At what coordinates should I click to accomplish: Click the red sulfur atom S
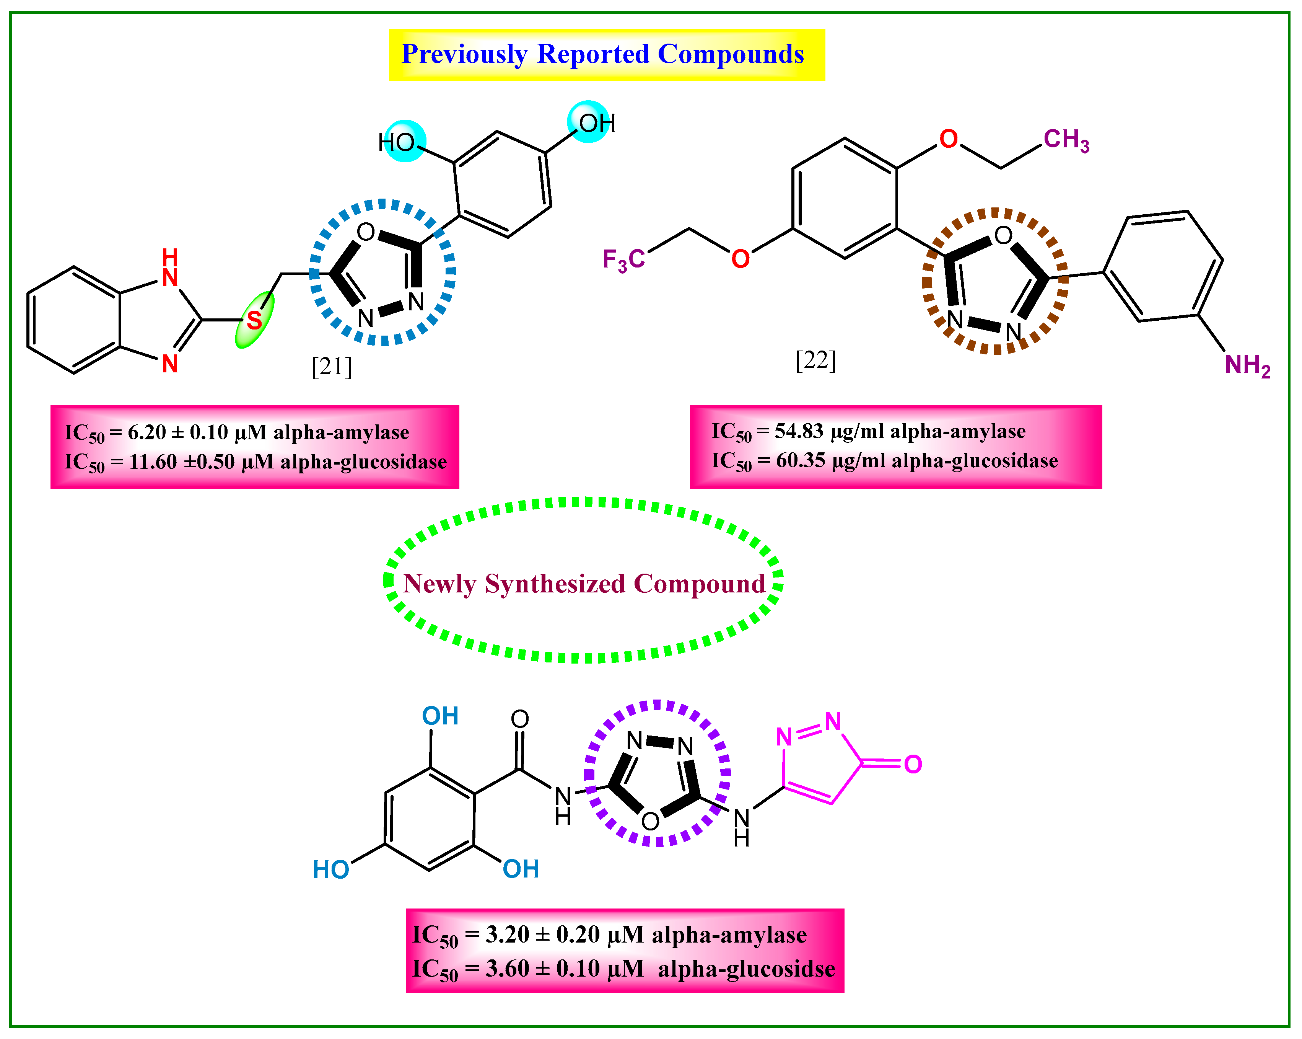[x=254, y=320]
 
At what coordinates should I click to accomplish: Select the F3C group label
[x=623, y=260]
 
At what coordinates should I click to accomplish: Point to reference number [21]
[x=332, y=366]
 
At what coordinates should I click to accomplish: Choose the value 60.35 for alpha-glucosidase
[x=800, y=461]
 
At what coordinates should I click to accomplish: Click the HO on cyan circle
[x=397, y=143]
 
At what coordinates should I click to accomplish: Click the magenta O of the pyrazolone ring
[x=913, y=765]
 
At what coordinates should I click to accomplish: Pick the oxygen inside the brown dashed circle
[x=1003, y=236]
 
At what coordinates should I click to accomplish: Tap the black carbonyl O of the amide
[x=520, y=719]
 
